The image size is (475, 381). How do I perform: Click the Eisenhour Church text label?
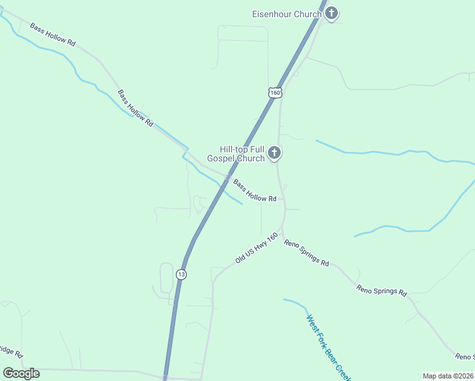tap(287, 14)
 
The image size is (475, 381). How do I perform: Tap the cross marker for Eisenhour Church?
tap(331, 13)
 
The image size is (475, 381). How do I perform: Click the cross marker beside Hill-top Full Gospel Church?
tap(274, 152)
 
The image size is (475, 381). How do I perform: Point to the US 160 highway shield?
tap(274, 93)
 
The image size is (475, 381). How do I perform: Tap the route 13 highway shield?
tap(182, 274)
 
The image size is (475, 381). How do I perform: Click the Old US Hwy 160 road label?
tap(256, 248)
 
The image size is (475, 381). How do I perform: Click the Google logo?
tap(21, 373)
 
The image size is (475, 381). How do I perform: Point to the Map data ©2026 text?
tap(448, 376)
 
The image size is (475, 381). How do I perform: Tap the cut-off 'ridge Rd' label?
tap(11, 351)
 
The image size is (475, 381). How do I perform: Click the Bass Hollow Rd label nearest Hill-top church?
tap(254, 190)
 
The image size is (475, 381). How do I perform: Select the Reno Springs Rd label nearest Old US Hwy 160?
tap(306, 252)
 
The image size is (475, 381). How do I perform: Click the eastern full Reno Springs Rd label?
tap(381, 290)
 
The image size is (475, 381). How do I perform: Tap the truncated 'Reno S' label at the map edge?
tap(464, 357)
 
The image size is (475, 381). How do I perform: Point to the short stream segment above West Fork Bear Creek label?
tap(295, 304)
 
